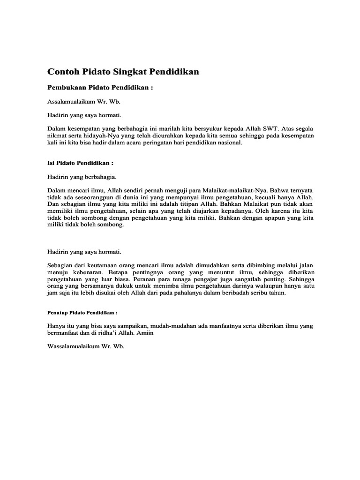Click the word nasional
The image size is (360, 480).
(x=229, y=143)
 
